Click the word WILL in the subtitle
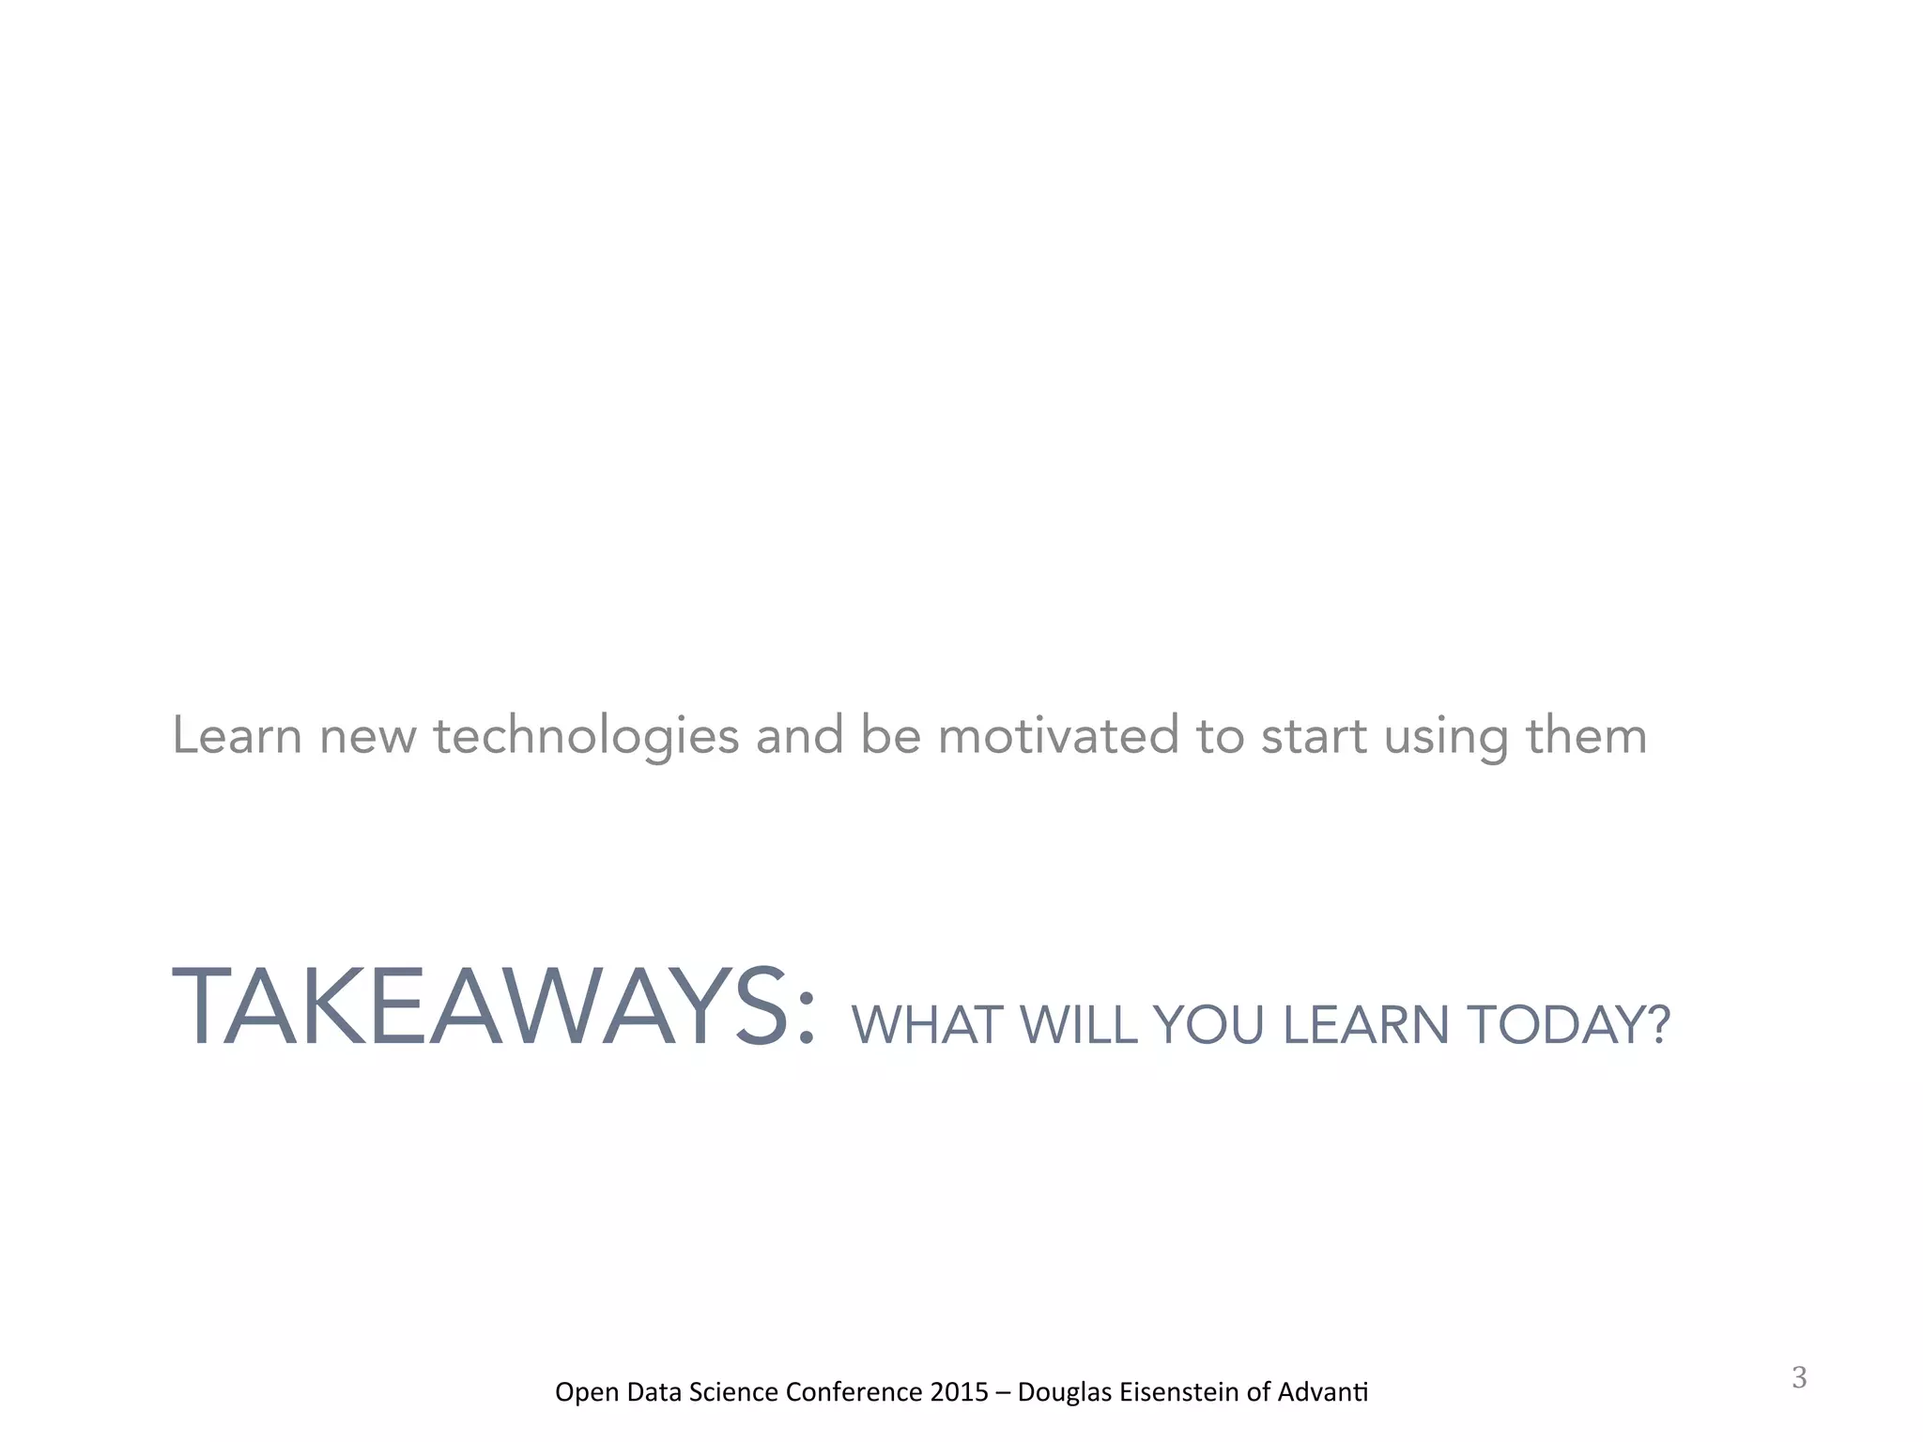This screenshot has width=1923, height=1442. coord(1079,1025)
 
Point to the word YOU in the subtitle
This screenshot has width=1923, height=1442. coord(1210,1025)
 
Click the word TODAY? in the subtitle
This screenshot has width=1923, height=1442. coord(1569,1025)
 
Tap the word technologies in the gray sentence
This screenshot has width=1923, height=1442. coord(586,736)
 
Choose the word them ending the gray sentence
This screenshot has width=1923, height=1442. coord(1587,736)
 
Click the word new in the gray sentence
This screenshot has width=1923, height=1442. coord(367,738)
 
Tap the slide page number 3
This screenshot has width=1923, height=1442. coord(1799,1378)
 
